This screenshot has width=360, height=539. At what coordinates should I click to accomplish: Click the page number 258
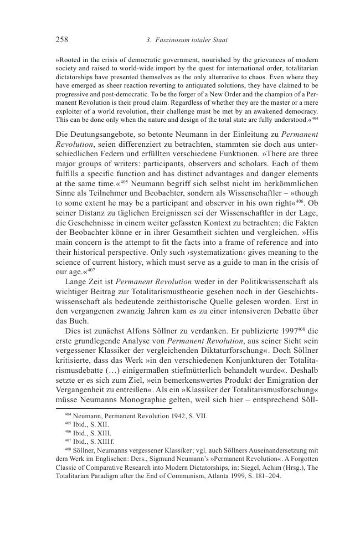coord(62,39)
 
